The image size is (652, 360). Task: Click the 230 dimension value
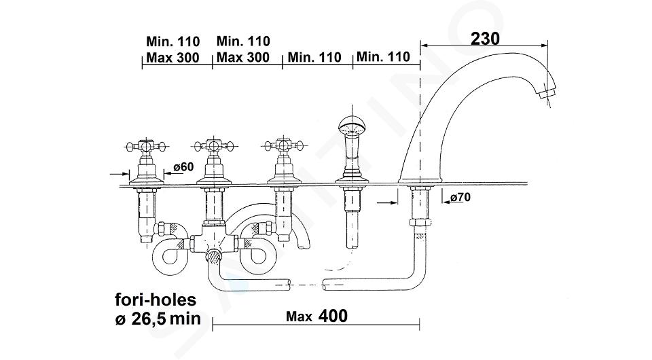tap(485, 39)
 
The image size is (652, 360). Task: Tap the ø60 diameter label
tap(183, 166)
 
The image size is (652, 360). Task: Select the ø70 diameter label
tap(460, 197)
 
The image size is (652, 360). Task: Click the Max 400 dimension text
tap(316, 316)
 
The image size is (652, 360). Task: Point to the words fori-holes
tap(156, 300)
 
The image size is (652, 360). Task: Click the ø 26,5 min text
tap(158, 319)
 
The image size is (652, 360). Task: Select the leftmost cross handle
tap(145, 146)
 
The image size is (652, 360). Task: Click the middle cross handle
tap(214, 146)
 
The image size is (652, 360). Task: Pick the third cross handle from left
tap(284, 145)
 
